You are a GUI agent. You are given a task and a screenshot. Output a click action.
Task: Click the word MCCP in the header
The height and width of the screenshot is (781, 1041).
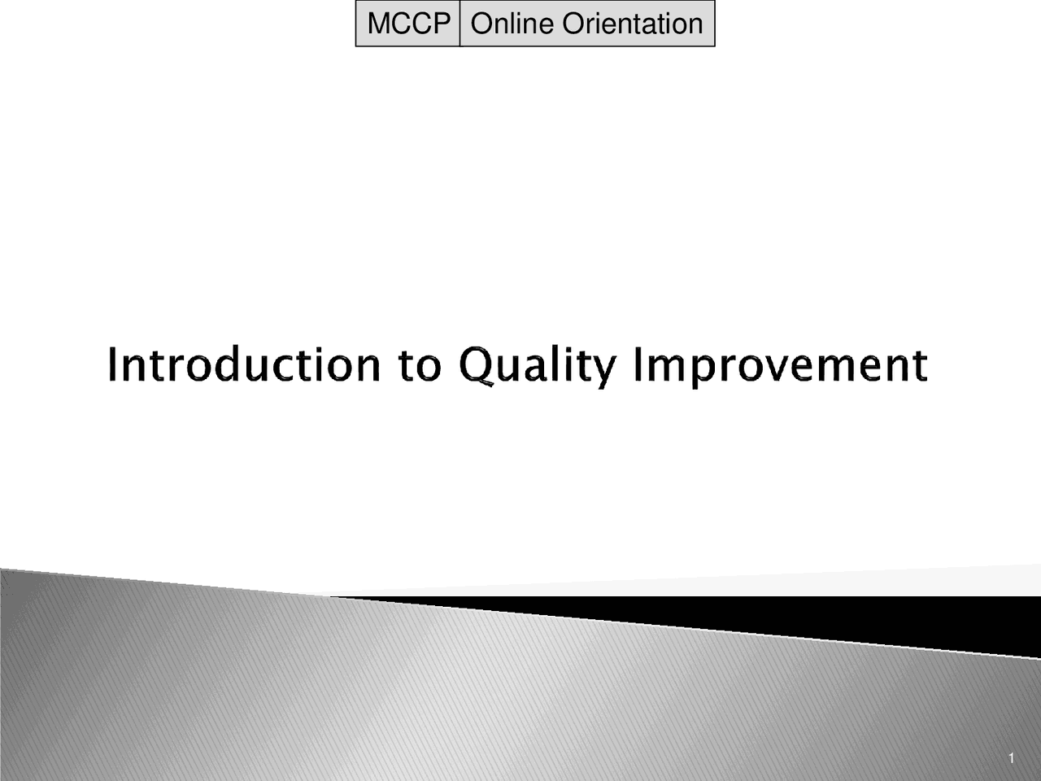point(409,24)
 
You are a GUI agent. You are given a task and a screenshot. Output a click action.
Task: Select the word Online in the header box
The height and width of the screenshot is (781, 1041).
point(512,24)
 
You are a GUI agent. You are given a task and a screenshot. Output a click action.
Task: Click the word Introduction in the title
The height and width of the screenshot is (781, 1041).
point(245,364)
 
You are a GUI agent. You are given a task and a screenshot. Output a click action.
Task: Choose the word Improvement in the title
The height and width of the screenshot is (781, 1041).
point(781,367)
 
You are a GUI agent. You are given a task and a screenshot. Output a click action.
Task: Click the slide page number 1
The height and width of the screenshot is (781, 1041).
point(1012,758)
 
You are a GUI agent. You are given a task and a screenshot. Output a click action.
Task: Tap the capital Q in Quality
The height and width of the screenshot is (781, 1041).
point(476,365)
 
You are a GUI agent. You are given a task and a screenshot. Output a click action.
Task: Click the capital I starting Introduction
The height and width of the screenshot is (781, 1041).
point(112,364)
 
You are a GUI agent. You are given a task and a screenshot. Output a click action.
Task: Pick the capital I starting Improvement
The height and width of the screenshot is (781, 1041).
point(638,364)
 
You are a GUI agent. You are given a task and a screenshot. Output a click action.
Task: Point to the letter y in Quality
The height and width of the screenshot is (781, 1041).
point(602,373)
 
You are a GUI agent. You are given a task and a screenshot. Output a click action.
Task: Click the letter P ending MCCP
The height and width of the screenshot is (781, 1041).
point(442,24)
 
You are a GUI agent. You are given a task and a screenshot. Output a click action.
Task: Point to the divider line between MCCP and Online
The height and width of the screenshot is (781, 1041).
point(460,24)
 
